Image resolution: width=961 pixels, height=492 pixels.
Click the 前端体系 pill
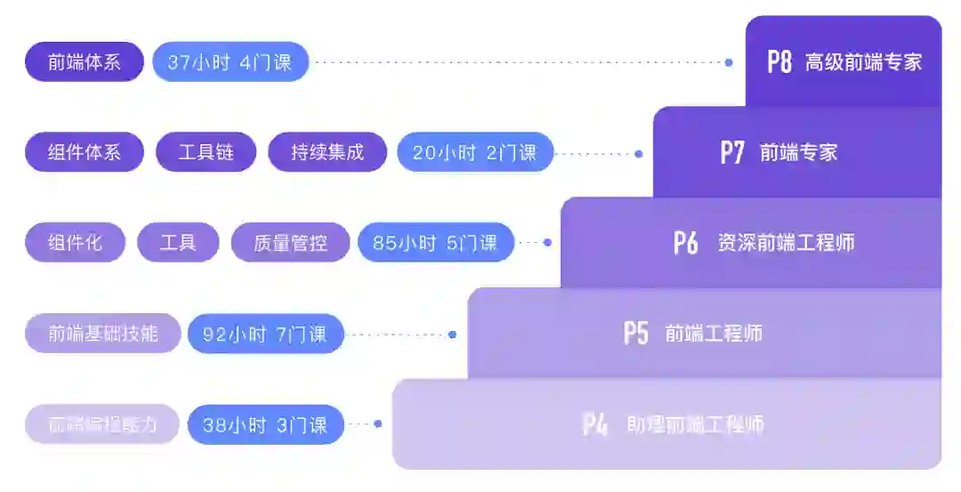pyautogui.click(x=85, y=62)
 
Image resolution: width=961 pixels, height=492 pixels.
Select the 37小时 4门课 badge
pyautogui.click(x=230, y=62)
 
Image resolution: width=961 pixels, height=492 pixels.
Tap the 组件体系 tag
pyautogui.click(x=85, y=152)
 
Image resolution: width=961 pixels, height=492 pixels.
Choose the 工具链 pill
pyautogui.click(x=206, y=152)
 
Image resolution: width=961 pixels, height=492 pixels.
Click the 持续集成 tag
pyautogui.click(x=327, y=152)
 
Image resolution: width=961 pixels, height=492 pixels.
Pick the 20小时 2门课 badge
pyautogui.click(x=474, y=152)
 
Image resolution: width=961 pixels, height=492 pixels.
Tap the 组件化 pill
pyautogui.click(x=76, y=242)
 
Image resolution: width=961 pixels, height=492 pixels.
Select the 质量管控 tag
pyautogui.click(x=290, y=242)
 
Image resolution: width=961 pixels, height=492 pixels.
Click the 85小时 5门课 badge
pyautogui.click(x=435, y=242)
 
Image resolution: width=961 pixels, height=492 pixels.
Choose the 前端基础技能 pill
pyautogui.click(x=103, y=334)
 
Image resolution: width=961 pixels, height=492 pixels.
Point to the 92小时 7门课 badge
pyautogui.click(x=264, y=335)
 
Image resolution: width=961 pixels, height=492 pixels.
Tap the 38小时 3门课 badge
pyautogui.click(x=264, y=425)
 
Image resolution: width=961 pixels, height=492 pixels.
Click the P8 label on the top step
pyautogui.click(x=779, y=61)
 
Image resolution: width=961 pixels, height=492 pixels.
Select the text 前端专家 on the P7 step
pyautogui.click(x=798, y=152)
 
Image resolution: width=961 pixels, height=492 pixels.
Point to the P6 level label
pyautogui.click(x=685, y=243)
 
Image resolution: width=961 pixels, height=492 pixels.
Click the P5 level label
pyautogui.click(x=635, y=334)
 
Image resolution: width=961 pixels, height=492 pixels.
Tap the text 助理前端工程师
pyautogui.click(x=695, y=424)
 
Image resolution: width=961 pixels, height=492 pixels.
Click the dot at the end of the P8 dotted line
pyautogui.click(x=729, y=62)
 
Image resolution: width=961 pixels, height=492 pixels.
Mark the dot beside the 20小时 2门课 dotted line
pyautogui.click(x=638, y=153)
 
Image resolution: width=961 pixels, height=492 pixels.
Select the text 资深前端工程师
pyautogui.click(x=786, y=243)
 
